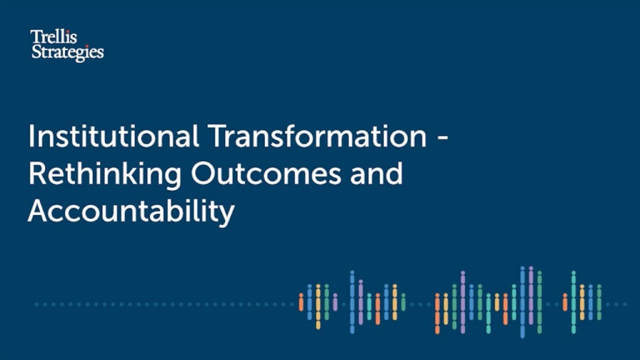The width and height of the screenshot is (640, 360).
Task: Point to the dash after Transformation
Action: [x=442, y=139]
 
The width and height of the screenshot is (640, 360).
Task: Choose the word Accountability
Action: [x=131, y=212]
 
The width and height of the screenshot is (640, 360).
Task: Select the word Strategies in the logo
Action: [x=67, y=52]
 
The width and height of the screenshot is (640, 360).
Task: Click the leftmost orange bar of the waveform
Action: [x=301, y=303]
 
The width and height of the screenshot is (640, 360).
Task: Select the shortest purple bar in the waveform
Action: [x=335, y=302]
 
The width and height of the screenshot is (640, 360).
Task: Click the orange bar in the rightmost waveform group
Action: [x=565, y=302]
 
